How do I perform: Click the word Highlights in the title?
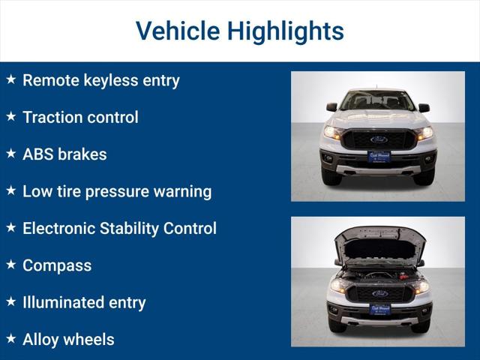tap(285, 31)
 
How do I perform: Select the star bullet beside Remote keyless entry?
tap(11, 79)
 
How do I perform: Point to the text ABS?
tap(38, 154)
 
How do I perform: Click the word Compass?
tap(57, 265)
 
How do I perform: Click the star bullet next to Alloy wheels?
tap(11, 339)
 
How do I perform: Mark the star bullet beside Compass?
tap(11, 265)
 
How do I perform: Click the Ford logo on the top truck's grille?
tap(379, 139)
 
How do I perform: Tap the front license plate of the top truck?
tap(379, 157)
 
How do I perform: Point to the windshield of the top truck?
tap(379, 100)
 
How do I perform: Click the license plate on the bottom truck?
tap(379, 309)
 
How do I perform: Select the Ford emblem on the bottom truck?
tap(379, 293)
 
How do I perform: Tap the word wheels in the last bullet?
tap(89, 340)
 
